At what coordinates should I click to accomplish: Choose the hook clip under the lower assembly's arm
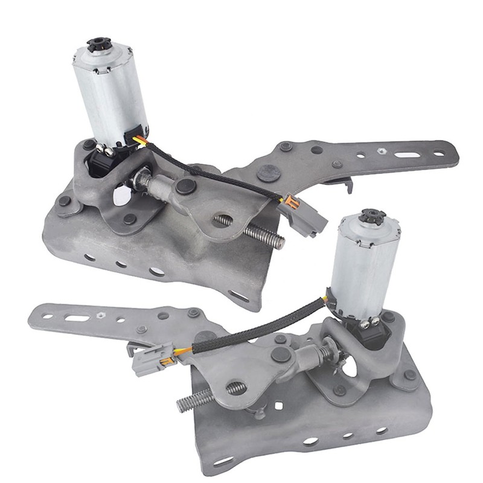pyautogui.click(x=132, y=348)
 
